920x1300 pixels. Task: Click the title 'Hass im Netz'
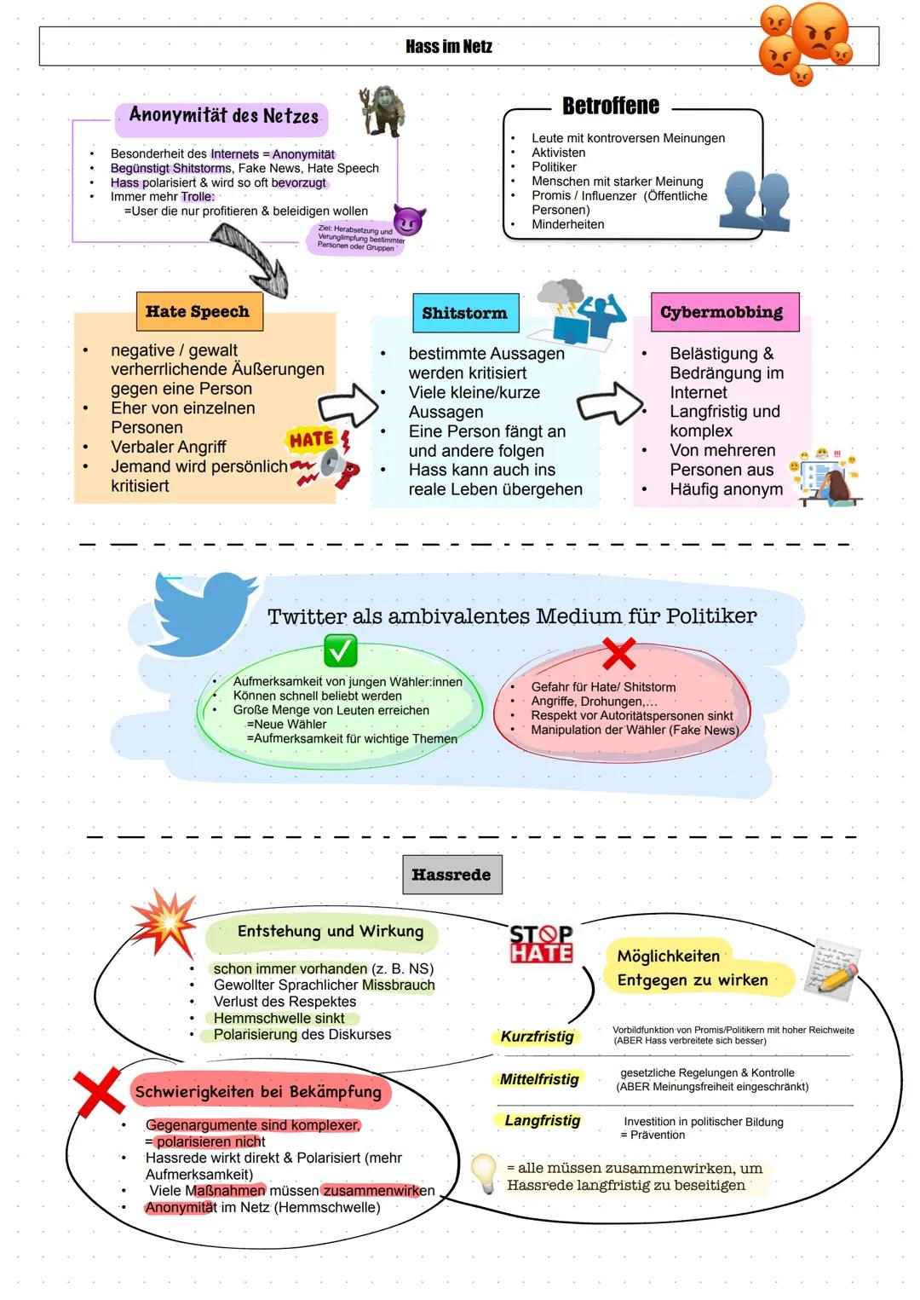(449, 47)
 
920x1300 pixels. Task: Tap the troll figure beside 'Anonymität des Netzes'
(381, 112)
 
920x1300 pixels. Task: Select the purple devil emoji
(409, 221)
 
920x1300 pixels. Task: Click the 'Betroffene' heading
(610, 106)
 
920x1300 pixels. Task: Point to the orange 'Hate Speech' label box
(198, 312)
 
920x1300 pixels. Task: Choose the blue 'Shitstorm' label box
(464, 314)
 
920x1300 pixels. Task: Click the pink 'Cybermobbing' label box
(722, 312)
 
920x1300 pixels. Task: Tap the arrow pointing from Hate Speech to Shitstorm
(348, 407)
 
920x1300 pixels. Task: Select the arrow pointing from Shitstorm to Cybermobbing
(610, 403)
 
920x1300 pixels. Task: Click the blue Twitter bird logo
(204, 613)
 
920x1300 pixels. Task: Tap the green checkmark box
(340, 652)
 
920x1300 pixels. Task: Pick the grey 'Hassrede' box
(451, 875)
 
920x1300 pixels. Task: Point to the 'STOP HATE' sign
(541, 944)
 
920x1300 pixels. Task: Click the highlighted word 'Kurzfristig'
(537, 1037)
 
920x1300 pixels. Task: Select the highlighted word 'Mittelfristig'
(539, 1079)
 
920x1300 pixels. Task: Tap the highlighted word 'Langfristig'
(542, 1120)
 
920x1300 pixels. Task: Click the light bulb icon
(484, 1173)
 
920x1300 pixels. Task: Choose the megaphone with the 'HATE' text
(324, 460)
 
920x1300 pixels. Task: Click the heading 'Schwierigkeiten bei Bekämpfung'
(258, 1092)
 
